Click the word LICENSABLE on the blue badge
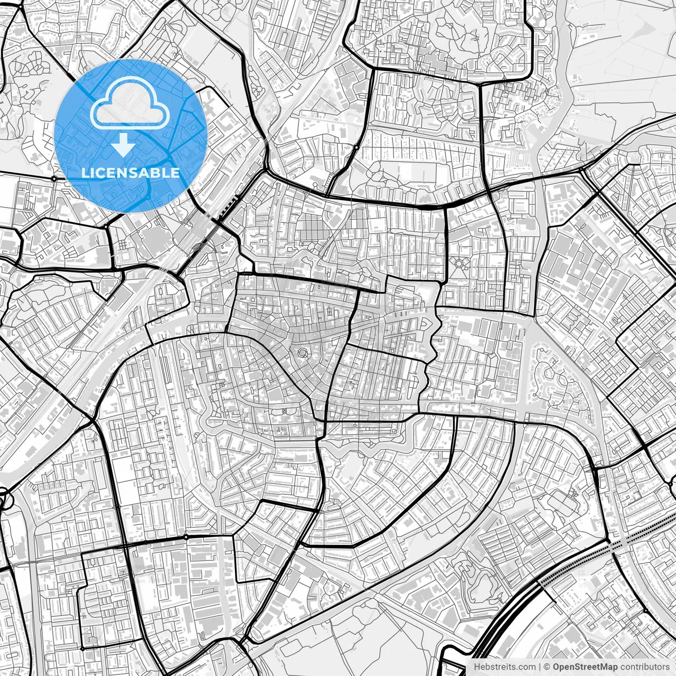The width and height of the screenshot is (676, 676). [130, 173]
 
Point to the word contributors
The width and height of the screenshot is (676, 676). [645, 667]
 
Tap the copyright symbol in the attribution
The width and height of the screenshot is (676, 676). [547, 667]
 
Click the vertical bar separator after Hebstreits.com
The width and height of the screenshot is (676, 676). [539, 667]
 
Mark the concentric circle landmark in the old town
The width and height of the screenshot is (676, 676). [303, 352]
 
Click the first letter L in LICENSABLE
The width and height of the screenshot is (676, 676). [84, 173]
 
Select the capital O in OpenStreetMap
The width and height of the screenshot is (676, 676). [557, 667]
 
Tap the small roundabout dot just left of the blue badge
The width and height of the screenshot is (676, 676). [54, 179]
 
